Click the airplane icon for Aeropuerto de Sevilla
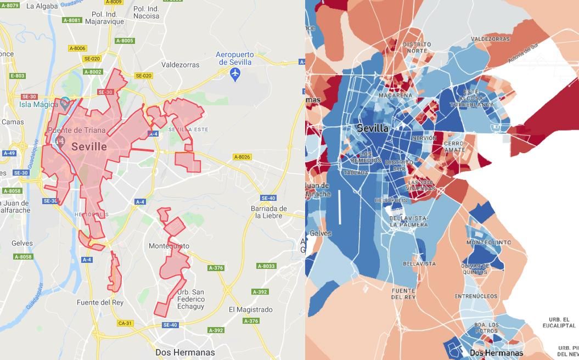(235, 74)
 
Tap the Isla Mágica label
(38, 104)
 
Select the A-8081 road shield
(72, 20)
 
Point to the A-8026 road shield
(241, 157)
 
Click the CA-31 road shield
(125, 323)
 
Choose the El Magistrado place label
(250, 310)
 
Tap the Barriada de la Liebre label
(269, 212)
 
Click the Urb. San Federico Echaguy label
(191, 299)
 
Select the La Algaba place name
(42, 6)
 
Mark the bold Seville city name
(89, 147)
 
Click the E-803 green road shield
(18, 76)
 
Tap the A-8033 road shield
(266, 266)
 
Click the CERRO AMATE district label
(454, 147)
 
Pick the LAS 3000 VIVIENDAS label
(421, 185)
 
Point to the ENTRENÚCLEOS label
(475, 296)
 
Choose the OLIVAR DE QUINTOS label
(475, 268)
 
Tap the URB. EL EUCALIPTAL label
(559, 322)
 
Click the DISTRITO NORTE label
(417, 47)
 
